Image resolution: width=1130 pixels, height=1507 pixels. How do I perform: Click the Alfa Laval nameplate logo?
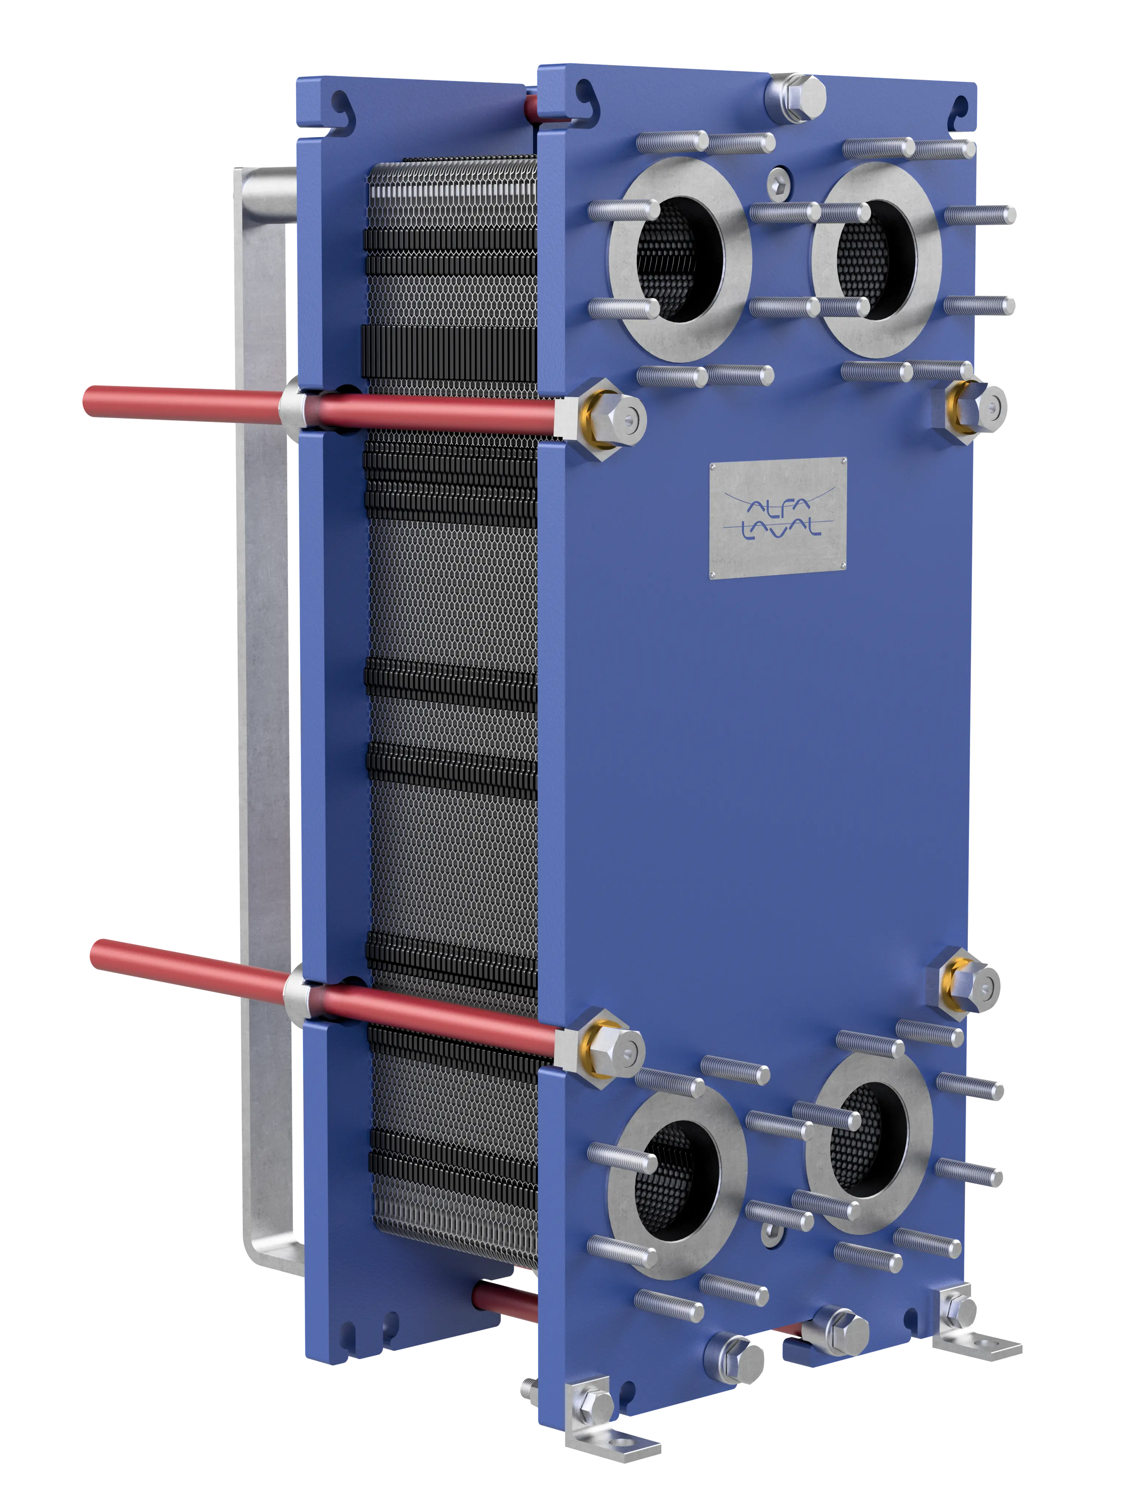tap(778, 518)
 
